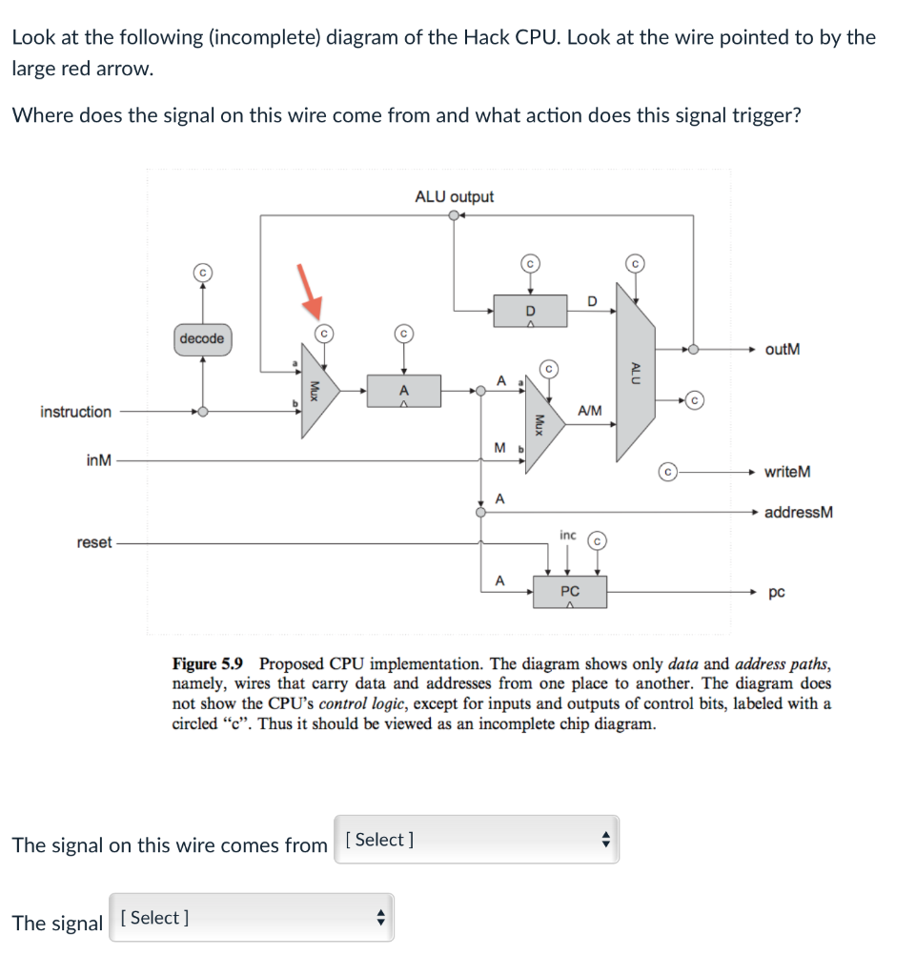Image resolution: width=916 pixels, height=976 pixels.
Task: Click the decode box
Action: (201, 338)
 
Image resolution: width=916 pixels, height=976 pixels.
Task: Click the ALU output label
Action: (454, 196)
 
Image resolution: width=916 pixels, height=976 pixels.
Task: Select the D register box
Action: (531, 311)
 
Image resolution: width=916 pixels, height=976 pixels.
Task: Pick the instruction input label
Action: (75, 412)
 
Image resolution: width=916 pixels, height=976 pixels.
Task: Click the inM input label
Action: (98, 461)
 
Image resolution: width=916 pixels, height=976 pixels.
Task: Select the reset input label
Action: (93, 542)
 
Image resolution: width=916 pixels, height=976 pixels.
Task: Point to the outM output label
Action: (782, 349)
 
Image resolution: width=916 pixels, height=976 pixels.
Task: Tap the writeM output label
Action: (787, 472)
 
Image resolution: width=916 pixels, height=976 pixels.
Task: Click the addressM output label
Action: (799, 512)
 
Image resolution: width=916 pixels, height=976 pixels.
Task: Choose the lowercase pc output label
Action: (777, 593)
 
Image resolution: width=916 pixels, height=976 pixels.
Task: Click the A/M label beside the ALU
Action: (589, 410)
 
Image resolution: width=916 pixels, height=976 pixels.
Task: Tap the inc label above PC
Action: (567, 535)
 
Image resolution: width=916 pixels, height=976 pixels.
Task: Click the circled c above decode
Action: (201, 272)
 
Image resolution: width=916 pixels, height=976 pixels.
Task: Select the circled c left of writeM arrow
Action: (669, 472)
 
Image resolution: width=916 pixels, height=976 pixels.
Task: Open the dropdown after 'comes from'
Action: (477, 840)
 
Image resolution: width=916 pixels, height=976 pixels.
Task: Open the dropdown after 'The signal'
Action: (252, 918)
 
